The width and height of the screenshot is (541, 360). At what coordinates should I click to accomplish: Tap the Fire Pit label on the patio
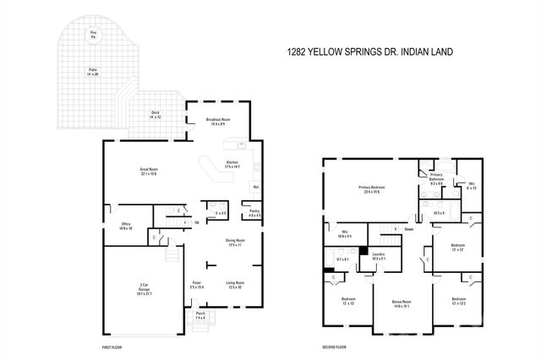(94, 35)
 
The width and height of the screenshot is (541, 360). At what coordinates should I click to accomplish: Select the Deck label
(156, 114)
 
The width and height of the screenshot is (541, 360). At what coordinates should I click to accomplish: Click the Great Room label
(150, 171)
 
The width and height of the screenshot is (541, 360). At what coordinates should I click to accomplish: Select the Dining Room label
(235, 243)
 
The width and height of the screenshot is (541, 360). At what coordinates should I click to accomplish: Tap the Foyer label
(196, 284)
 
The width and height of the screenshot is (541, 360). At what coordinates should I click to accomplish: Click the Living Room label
(235, 284)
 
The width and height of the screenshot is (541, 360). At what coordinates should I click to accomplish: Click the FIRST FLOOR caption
(113, 347)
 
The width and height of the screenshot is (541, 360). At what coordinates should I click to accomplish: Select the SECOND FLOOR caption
(334, 347)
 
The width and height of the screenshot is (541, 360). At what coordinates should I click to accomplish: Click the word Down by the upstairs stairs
(408, 229)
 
